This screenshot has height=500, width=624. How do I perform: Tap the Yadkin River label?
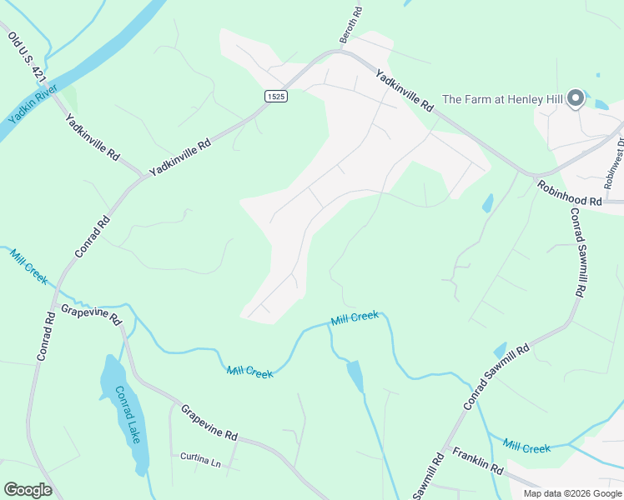[x=32, y=102]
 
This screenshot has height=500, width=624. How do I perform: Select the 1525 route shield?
[x=276, y=97]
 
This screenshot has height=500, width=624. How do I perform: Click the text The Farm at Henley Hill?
[x=502, y=99]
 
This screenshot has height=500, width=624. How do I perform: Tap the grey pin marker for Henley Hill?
[x=576, y=99]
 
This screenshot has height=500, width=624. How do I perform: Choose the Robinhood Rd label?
[x=569, y=193]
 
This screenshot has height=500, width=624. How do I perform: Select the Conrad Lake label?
[x=128, y=414]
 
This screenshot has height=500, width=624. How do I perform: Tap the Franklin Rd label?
[x=478, y=460]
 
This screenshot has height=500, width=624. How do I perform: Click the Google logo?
[x=28, y=490]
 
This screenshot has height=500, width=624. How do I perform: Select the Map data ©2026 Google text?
[x=571, y=493]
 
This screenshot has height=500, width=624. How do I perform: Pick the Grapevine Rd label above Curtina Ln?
[x=209, y=422]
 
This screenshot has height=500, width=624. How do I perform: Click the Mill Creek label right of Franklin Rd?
[x=527, y=447]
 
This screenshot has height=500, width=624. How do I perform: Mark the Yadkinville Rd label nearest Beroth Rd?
[x=405, y=91]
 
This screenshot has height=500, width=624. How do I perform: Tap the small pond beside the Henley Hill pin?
[x=600, y=104]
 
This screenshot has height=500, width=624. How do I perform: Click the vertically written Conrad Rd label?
[x=45, y=335]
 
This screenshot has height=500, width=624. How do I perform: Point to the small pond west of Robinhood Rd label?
[x=487, y=202]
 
